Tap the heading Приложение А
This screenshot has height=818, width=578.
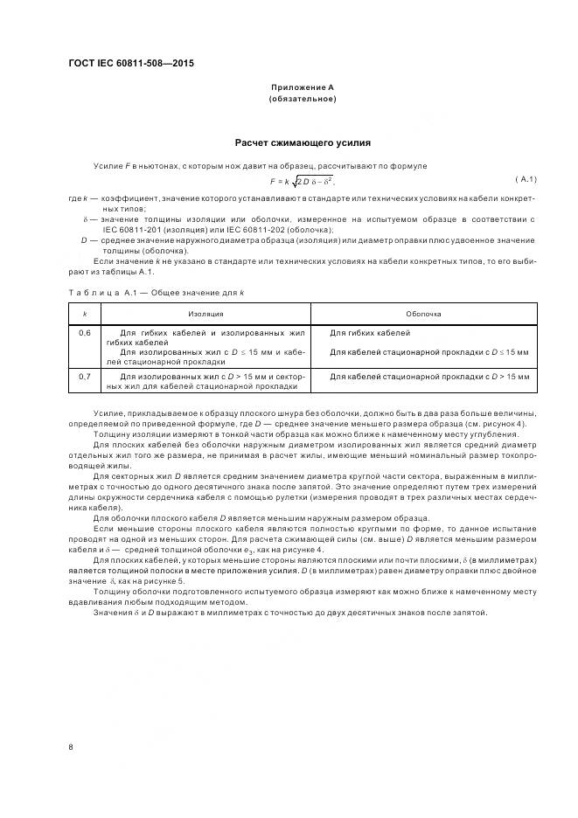tap(302, 87)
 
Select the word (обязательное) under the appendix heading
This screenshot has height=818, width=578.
tap(302, 99)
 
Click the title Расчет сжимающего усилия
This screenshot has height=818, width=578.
tap(303, 142)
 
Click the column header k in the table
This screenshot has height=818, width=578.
tap(85, 312)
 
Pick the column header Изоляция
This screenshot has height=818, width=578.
tap(205, 312)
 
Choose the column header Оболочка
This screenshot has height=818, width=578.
tap(423, 312)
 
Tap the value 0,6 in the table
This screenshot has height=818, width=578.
tap(85, 333)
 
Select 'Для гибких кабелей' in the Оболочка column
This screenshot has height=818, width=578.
tap(370, 333)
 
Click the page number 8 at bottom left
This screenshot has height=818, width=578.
tap(70, 746)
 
